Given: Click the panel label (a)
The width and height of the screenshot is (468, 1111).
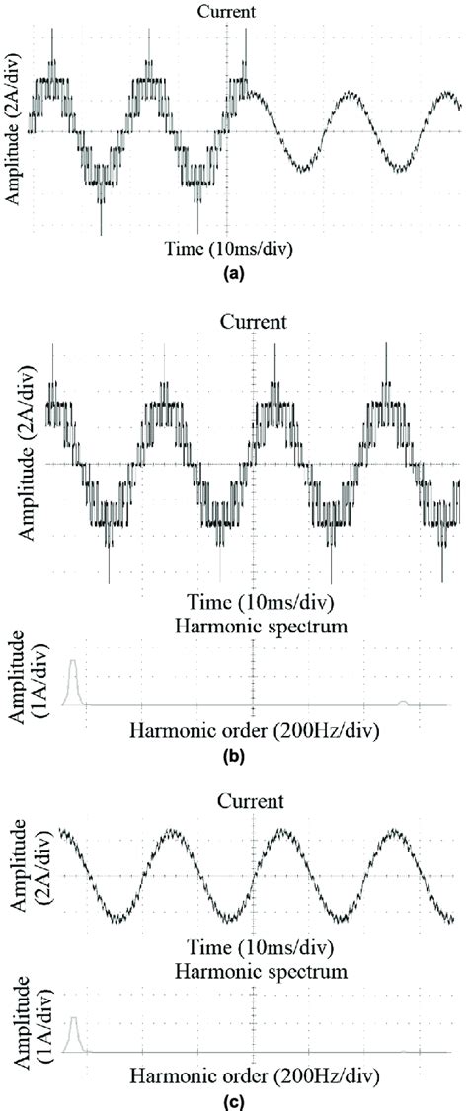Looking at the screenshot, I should tap(234, 277).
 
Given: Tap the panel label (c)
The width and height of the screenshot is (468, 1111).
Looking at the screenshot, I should tap(234, 1100).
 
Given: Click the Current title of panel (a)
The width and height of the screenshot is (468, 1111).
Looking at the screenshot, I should tap(227, 12).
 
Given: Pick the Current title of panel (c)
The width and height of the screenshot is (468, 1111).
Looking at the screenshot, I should tap(255, 800).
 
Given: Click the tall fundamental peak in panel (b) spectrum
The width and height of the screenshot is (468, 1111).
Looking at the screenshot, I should tap(72, 681).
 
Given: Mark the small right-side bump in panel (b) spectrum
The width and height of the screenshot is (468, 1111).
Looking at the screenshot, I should tap(402, 702).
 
